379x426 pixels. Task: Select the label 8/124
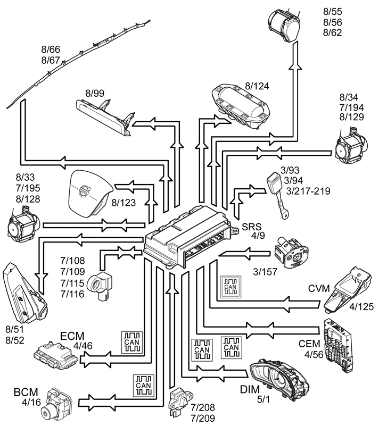pos(257,86)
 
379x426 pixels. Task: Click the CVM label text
pos(319,289)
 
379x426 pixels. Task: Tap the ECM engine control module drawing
pos(56,353)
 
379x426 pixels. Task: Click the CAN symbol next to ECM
pos(132,343)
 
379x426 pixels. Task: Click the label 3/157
pos(265,272)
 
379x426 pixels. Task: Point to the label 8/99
pos(95,93)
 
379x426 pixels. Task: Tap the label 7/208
pos(203,408)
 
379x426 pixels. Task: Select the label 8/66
pos(51,49)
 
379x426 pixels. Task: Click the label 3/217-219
pos(308,191)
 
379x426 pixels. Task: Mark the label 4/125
pos(361,307)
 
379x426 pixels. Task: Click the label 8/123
pos(123,203)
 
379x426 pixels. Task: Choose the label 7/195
pos(28,188)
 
